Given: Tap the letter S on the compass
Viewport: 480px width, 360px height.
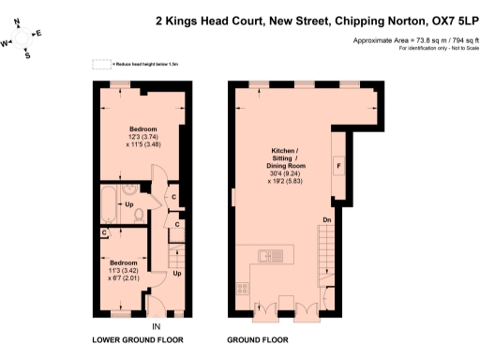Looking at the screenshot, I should (x=26, y=55).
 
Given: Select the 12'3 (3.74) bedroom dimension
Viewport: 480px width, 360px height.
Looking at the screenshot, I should (x=142, y=136).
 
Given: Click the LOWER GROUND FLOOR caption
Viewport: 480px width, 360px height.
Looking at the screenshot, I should (x=137, y=339).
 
